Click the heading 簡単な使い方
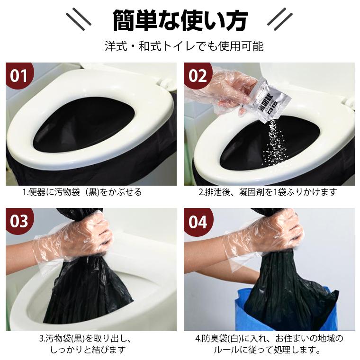click(x=180, y=20)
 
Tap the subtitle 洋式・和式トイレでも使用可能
click(x=180, y=46)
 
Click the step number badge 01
click(x=19, y=76)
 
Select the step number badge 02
click(x=198, y=76)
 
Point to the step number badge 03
click(x=19, y=221)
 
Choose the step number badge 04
click(x=198, y=221)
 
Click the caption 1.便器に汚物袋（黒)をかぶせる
click(x=82, y=192)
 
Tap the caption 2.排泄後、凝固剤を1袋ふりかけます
click(x=268, y=192)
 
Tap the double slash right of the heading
click(x=280, y=19)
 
